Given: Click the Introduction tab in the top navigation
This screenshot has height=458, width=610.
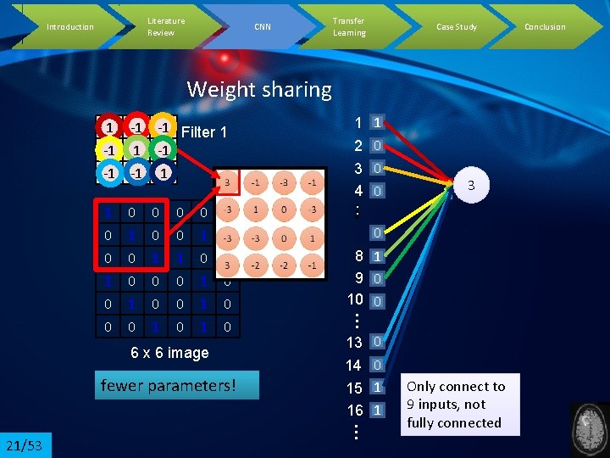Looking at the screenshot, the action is tap(69, 26).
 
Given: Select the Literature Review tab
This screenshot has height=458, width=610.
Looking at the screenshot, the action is tap(165, 26).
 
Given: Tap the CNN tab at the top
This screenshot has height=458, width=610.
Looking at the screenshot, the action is tap(263, 26).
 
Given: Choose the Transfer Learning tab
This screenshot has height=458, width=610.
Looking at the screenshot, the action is tap(348, 26).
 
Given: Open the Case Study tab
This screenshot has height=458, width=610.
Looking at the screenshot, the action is tap(456, 26).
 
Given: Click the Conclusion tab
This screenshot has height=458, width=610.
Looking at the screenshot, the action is tap(545, 26).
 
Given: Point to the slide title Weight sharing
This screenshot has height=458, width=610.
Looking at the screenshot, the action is tap(259, 89).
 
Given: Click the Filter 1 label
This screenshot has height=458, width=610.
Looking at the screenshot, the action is tap(204, 132).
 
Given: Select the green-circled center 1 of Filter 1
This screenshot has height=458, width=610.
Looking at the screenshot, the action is tap(136, 149).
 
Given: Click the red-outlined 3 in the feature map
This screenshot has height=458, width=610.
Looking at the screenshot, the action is tap(229, 183).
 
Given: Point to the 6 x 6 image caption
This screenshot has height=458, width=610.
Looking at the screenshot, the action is tap(169, 353).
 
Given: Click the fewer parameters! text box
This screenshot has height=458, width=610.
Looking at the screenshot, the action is tap(168, 386).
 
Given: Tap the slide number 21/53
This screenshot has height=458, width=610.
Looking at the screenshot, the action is tap(25, 446).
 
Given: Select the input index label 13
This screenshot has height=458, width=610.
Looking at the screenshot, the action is tap(353, 342).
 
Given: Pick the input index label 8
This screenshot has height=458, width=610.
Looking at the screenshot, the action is tap(358, 254).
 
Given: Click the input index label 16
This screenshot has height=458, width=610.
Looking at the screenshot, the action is tap(353, 411).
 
